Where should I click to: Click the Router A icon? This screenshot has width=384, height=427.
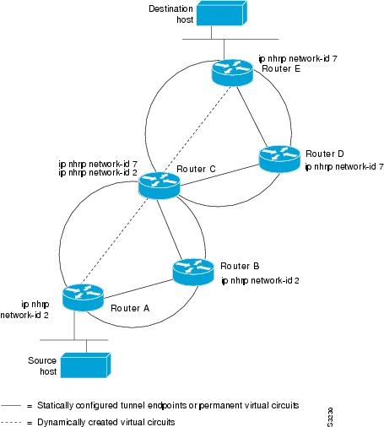point(83,298)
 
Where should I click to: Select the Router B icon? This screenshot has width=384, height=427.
point(193,272)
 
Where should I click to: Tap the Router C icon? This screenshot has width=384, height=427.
point(159,186)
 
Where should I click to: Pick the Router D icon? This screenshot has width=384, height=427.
point(279,159)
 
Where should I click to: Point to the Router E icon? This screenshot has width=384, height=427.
point(232,73)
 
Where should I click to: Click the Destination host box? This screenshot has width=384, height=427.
point(222,14)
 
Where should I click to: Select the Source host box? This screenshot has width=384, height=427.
point(86,365)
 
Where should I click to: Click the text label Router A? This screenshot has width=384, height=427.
point(130,308)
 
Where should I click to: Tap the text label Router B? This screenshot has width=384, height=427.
point(240,266)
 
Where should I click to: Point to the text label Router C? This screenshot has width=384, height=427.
point(196,169)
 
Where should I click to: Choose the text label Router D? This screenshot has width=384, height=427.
point(325,154)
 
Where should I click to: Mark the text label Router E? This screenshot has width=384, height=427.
point(281,68)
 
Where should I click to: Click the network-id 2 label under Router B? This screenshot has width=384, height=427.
point(260,281)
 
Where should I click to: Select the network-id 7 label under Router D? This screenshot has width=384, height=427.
point(344,167)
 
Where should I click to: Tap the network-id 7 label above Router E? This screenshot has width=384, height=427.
point(298,59)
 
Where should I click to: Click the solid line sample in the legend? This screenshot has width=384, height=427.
point(11,406)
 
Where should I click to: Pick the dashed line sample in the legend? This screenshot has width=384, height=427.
point(11,422)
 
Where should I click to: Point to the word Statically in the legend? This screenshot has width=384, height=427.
point(55,405)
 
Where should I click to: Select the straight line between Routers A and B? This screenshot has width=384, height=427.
point(138,289)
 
